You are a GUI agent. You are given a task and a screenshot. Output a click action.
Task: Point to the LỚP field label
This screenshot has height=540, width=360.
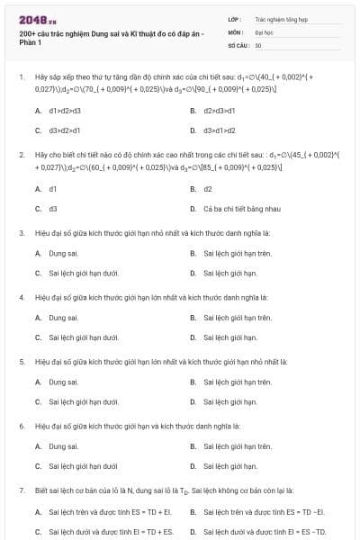(x=235, y=18)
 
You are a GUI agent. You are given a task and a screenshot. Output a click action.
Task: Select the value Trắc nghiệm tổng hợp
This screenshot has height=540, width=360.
(x=281, y=18)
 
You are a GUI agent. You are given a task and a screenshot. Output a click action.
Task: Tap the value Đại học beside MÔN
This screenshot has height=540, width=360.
(x=265, y=31)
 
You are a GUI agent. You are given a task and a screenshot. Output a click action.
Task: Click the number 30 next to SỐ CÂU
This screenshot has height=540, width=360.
(x=258, y=44)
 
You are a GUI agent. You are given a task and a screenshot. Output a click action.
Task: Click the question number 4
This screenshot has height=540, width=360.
(x=22, y=296)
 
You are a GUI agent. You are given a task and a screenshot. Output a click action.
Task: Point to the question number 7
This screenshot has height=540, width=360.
(x=22, y=490)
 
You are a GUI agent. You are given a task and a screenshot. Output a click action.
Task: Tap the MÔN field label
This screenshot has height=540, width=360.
(x=236, y=31)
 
